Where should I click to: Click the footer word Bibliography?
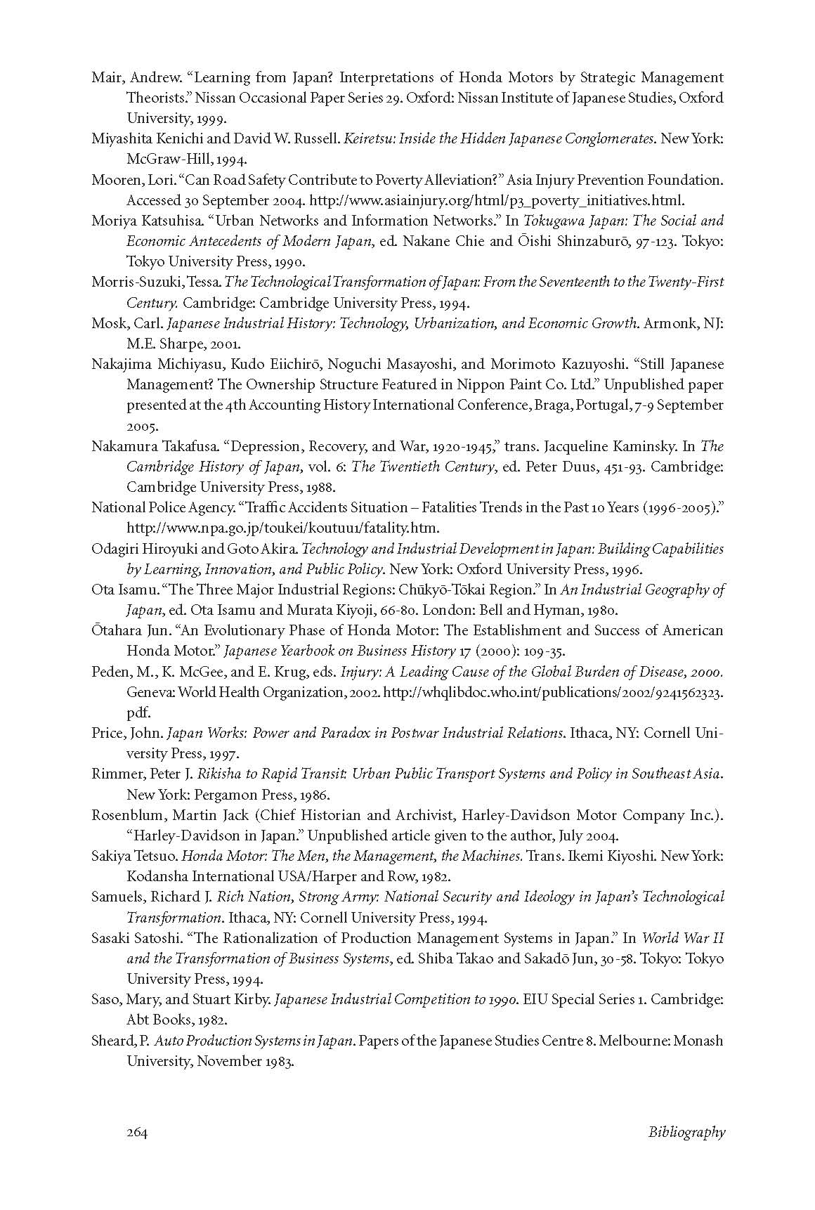tap(686, 1132)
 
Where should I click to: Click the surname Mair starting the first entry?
tap(106, 77)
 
